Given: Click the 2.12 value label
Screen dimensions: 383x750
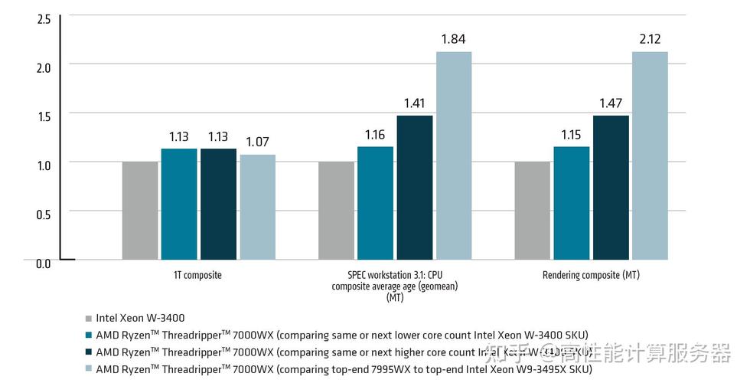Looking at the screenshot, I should [650, 39].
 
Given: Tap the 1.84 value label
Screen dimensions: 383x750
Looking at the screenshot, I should [454, 39].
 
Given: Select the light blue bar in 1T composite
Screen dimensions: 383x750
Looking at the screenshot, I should [257, 207].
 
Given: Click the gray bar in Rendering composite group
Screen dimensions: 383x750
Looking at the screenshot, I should [533, 211].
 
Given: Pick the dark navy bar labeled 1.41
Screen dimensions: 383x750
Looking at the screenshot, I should [414, 187].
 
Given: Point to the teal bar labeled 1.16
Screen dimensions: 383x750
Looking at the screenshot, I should [375, 203].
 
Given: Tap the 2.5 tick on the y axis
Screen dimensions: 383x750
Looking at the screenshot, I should [44, 18].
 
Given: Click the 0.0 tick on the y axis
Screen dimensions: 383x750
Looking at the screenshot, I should [44, 264].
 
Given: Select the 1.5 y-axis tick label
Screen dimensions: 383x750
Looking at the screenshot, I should [44, 116].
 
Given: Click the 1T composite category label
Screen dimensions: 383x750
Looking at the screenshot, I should [197, 275].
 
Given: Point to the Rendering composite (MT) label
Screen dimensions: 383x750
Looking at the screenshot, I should [591, 275].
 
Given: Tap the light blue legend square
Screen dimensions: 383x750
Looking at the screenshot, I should [89, 369].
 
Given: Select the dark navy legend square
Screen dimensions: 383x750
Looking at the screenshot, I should [89, 352].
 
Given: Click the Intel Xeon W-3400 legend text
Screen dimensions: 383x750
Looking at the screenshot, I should [140, 318].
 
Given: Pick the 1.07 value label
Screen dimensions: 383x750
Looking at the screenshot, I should [257, 142].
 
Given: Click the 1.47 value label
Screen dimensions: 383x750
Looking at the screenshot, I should [611, 102].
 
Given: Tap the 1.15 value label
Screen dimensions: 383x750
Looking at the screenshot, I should [571, 134].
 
